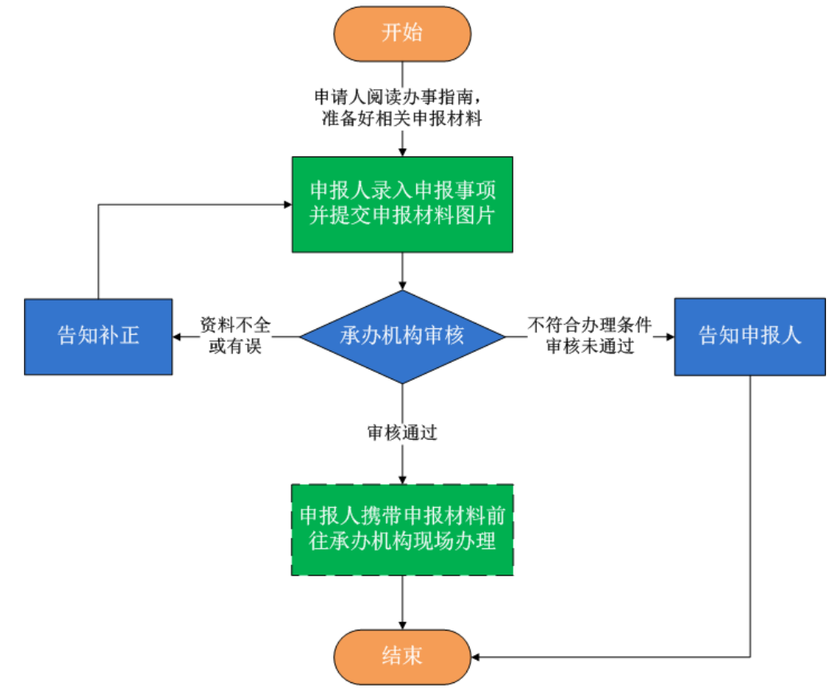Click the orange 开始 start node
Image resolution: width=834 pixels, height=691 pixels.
click(403, 33)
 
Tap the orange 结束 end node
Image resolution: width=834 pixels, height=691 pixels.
click(403, 657)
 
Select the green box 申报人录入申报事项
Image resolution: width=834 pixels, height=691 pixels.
click(402, 204)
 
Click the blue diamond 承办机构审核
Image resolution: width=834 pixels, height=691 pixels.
click(403, 336)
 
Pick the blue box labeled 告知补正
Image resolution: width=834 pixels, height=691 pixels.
click(98, 336)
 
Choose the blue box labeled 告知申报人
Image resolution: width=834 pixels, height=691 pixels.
click(749, 336)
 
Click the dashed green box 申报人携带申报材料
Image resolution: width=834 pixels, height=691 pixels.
click(402, 529)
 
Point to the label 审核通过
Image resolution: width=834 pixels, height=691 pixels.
click(403, 433)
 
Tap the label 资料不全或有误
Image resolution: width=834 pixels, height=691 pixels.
click(235, 336)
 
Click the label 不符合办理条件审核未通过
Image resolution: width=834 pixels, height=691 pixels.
click(590, 336)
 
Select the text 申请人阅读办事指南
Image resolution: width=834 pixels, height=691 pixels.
click(399, 98)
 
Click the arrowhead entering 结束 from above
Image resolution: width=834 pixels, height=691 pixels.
click(403, 625)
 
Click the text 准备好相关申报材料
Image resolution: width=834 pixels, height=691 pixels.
click(399, 120)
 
